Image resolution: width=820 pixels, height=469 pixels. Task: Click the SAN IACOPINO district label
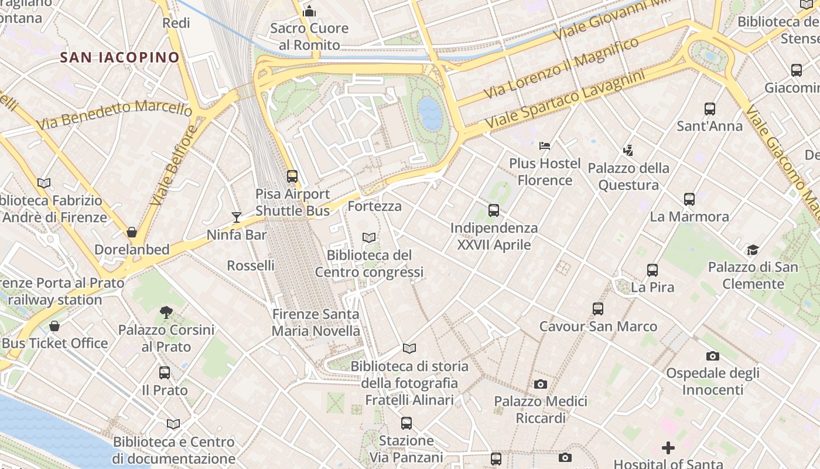point(119,57)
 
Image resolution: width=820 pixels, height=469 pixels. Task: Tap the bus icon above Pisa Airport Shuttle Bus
point(292,176)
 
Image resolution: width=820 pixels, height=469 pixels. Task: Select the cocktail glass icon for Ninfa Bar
point(236,217)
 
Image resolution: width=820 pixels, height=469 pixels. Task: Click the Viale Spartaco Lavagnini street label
point(565,100)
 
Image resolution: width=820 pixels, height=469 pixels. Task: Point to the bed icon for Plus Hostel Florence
point(545,145)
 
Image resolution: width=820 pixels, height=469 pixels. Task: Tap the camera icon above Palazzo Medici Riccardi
point(540,385)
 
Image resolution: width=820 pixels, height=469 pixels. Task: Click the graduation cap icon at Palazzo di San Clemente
point(753,250)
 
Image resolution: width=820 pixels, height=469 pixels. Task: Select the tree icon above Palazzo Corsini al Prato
point(166,312)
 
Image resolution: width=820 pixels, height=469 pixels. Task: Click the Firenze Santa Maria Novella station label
point(316,322)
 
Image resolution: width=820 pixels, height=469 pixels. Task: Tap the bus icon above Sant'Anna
point(709,108)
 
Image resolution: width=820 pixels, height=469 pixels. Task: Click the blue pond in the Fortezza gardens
point(430,113)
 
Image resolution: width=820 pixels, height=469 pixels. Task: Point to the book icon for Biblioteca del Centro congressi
point(368,237)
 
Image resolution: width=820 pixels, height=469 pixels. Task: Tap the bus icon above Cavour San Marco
point(597,309)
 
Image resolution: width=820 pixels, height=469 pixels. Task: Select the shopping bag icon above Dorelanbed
point(132,232)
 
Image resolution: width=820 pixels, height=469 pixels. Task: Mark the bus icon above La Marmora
point(689,199)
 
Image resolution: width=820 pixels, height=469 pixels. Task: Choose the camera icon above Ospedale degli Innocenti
point(712,356)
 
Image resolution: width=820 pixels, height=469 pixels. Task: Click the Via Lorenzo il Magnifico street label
point(561,69)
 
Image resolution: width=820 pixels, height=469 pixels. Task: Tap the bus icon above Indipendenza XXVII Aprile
point(493,210)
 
